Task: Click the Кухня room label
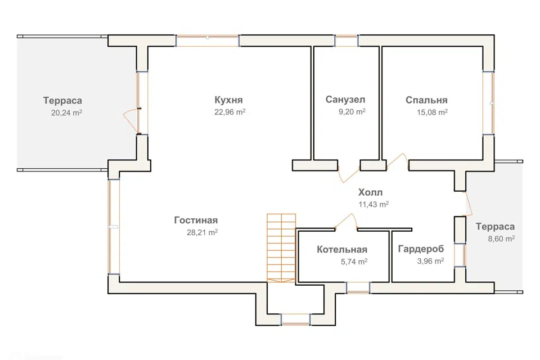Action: coord(229,100)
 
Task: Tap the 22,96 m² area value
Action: coord(229,112)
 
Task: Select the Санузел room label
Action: coord(345,100)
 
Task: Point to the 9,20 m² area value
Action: coord(352,111)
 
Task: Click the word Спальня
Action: coord(427,100)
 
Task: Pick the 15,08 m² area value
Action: coord(432,112)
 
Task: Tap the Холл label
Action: coord(370,192)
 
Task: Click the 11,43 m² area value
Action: coord(373,204)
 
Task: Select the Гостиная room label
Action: coord(196,220)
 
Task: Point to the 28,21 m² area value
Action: coord(202,232)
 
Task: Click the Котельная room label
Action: coord(342,249)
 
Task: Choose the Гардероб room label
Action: coord(421,249)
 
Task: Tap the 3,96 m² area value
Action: coord(430,261)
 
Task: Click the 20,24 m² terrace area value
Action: coord(66,112)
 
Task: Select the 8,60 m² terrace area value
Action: coord(501,238)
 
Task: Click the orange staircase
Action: coord(281,248)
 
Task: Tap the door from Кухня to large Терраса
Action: coord(131,120)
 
